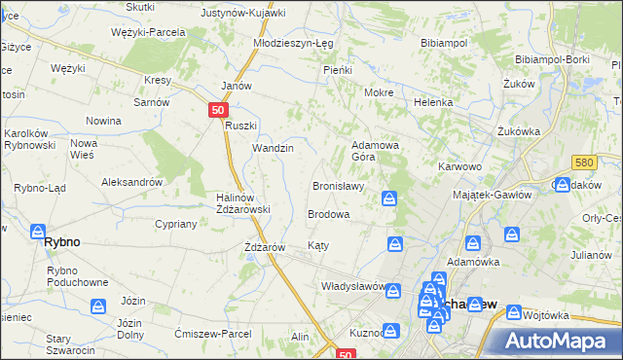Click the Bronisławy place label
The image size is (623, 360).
click(338, 186)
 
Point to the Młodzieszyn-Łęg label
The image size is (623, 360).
click(294, 44)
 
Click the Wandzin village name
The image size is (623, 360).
click(273, 148)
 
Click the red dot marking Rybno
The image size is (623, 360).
click(37, 232)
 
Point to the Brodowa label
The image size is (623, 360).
click(329, 214)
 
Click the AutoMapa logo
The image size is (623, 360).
click(559, 342)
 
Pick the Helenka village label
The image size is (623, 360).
click(433, 102)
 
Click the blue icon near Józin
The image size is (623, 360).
click(98, 306)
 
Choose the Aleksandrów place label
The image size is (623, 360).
click(131, 182)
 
